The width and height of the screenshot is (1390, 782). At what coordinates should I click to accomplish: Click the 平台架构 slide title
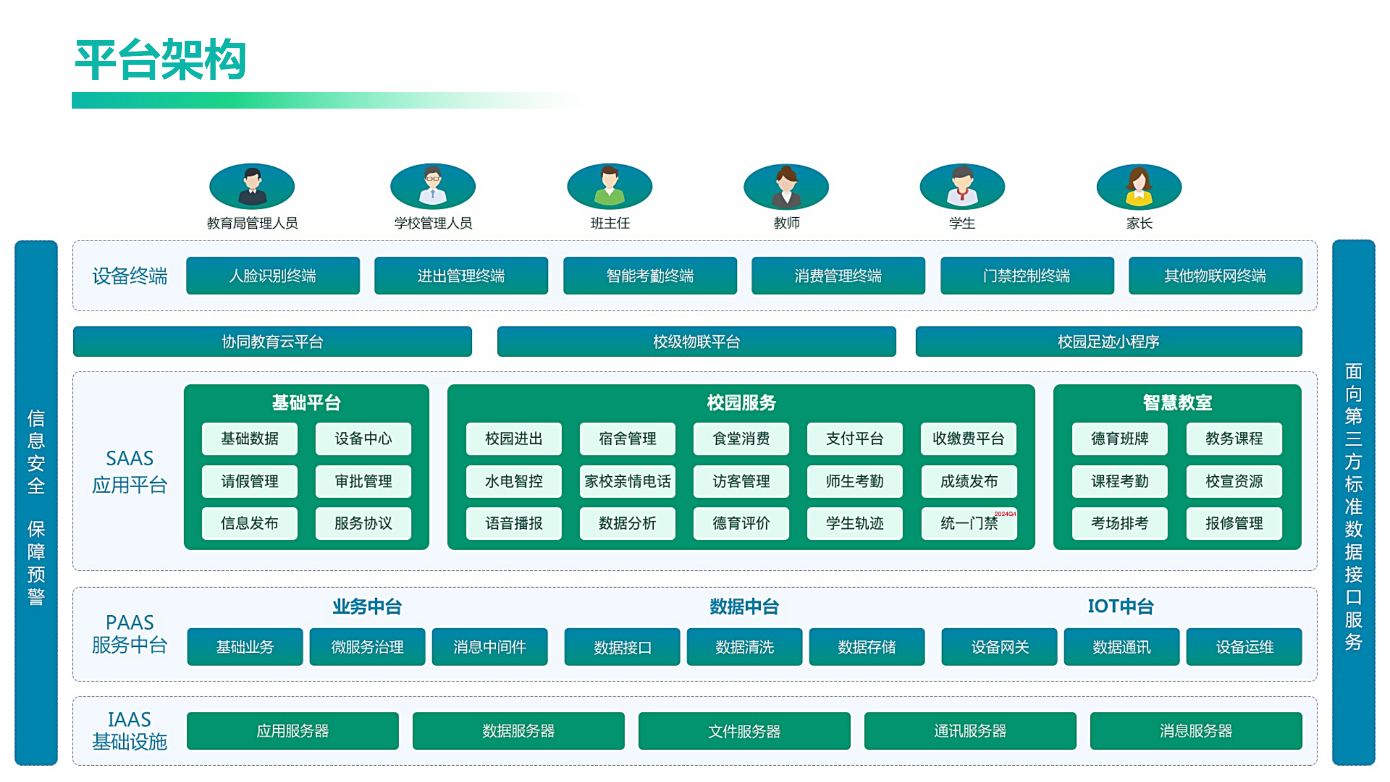tap(161, 60)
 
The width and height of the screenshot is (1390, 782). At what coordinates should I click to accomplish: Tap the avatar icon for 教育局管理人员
tap(252, 186)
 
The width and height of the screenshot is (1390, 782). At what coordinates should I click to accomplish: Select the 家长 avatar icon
tap(1139, 186)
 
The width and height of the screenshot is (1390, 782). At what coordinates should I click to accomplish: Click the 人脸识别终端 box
tap(273, 276)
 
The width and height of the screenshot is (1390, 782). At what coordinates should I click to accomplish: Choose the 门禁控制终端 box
tap(1026, 276)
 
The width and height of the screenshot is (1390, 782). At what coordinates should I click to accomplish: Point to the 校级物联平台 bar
tap(696, 342)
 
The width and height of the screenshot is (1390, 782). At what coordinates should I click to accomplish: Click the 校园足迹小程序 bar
tap(1108, 342)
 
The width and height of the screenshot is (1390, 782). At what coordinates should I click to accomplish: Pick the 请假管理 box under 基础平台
tap(249, 481)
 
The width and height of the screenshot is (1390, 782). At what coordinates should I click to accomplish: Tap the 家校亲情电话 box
tap(627, 481)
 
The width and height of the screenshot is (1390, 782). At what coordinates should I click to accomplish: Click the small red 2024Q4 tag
tap(1005, 514)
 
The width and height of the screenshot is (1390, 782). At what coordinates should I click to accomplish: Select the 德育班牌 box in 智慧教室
tap(1120, 439)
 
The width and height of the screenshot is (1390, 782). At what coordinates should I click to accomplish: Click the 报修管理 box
tap(1234, 524)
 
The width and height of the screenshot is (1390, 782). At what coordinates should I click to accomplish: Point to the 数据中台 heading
tap(744, 607)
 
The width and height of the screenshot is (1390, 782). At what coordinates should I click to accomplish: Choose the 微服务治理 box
tap(367, 647)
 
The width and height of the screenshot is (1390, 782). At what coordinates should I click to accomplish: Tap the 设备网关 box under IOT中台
tap(999, 647)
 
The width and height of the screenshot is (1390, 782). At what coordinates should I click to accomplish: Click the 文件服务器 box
tap(744, 731)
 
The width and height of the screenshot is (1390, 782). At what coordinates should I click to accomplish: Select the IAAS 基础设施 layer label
tap(129, 731)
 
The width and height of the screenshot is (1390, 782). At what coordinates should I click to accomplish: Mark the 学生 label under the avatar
tap(962, 223)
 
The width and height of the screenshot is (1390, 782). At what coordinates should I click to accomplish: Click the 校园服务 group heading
tap(741, 403)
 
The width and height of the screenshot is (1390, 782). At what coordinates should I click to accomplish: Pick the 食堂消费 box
tap(741, 439)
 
